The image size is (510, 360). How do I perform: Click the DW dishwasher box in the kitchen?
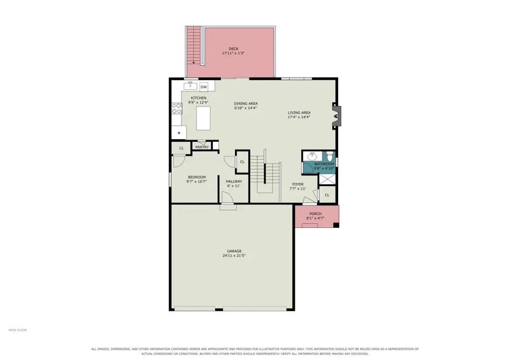203,87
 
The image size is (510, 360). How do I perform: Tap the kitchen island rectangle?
203,118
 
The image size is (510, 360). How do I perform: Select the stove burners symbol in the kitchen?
177,108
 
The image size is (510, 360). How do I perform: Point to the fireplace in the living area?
336,116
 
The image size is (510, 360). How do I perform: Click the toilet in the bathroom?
329,157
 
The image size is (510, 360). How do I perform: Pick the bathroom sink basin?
312,157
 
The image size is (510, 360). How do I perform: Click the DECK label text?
234,49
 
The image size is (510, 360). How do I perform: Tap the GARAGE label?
234,251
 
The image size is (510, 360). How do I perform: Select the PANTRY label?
202,147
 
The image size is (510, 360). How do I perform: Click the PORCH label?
316,214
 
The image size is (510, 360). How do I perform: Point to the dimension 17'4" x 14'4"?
299,117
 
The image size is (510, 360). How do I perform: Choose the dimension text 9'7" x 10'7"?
196,182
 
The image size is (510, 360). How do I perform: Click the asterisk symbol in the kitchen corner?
179,133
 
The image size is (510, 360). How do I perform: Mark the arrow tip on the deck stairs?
193,63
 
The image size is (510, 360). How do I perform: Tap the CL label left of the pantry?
182,148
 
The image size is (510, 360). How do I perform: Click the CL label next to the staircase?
242,162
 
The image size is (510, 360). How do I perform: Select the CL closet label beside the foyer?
327,195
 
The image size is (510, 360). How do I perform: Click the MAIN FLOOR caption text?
17,330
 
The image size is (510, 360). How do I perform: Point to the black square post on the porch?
336,225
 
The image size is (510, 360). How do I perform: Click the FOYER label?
298,184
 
